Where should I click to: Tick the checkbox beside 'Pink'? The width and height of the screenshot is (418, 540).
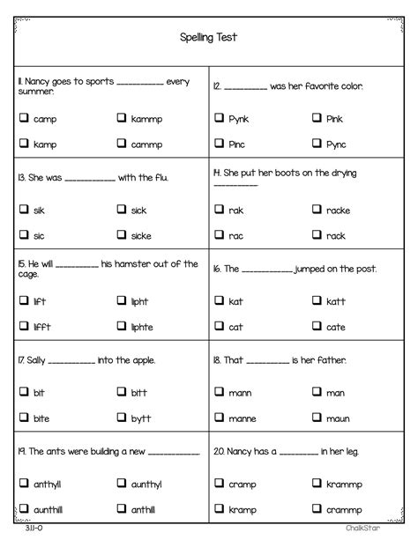(x=316, y=118)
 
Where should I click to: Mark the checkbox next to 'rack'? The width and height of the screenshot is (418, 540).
(x=316, y=235)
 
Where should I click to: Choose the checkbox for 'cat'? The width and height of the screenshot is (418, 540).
(x=219, y=327)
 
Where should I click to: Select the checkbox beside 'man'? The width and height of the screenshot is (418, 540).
(x=316, y=392)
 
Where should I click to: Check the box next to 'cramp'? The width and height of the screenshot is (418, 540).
(x=219, y=483)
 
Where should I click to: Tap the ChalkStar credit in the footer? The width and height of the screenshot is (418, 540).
(x=384, y=530)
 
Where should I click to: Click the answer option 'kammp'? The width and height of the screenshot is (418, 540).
(x=146, y=118)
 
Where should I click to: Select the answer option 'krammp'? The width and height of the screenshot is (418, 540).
(x=345, y=483)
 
